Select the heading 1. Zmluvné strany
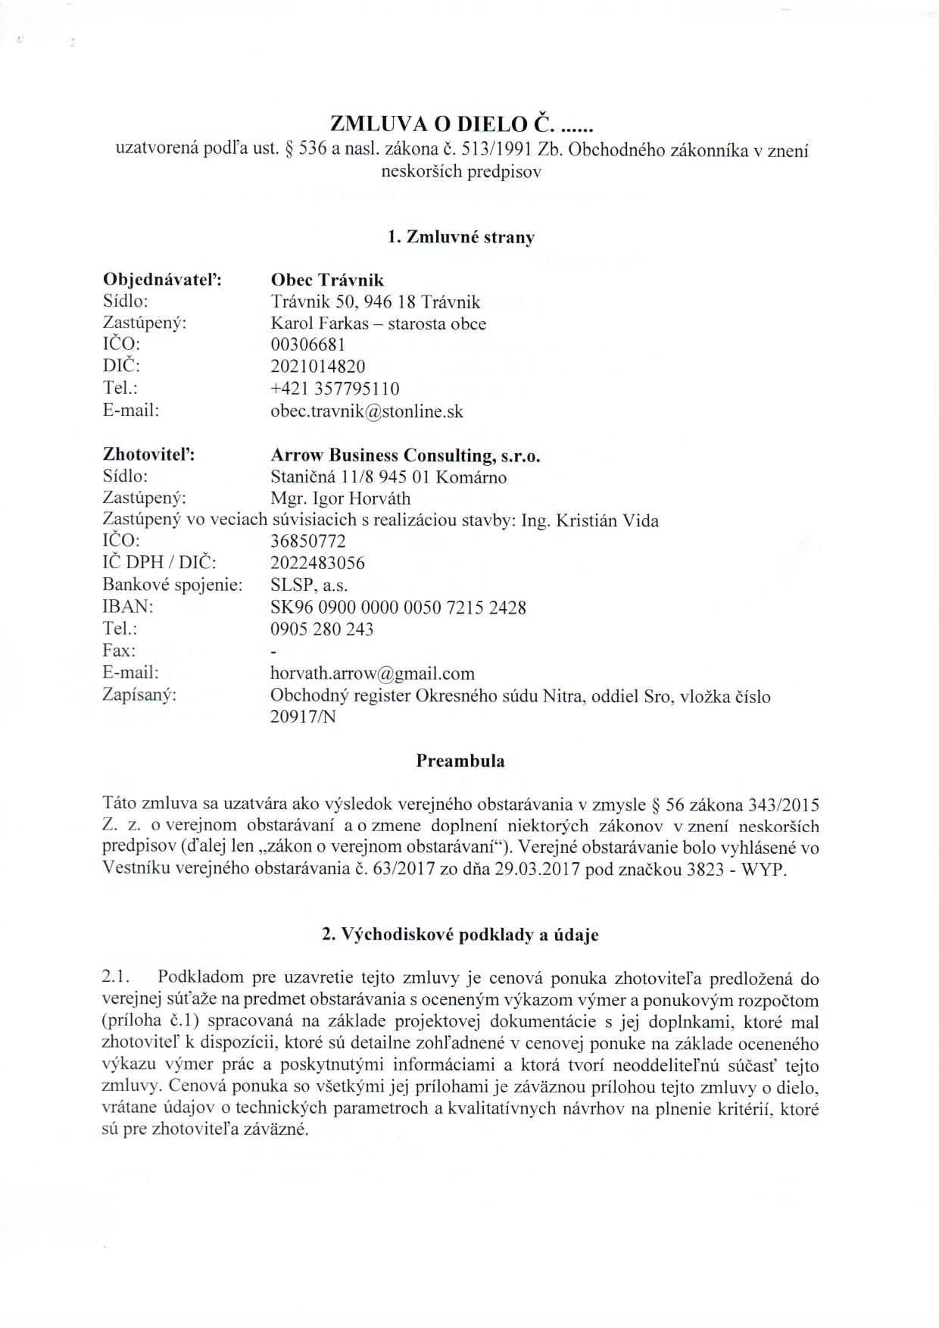(x=460, y=236)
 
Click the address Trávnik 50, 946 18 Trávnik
(x=375, y=302)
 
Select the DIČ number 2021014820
(x=317, y=367)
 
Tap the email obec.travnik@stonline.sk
(x=367, y=411)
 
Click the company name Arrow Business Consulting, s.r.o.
(x=405, y=455)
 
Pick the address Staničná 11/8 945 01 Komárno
(x=388, y=477)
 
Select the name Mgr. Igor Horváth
(x=340, y=498)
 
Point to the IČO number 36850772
(x=307, y=542)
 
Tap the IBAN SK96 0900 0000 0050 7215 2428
(x=398, y=607)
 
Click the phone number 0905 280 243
(x=321, y=629)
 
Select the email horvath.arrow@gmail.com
(x=372, y=673)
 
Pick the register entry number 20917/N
(x=302, y=717)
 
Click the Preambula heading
(x=460, y=761)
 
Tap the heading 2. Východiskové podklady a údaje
(x=460, y=935)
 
